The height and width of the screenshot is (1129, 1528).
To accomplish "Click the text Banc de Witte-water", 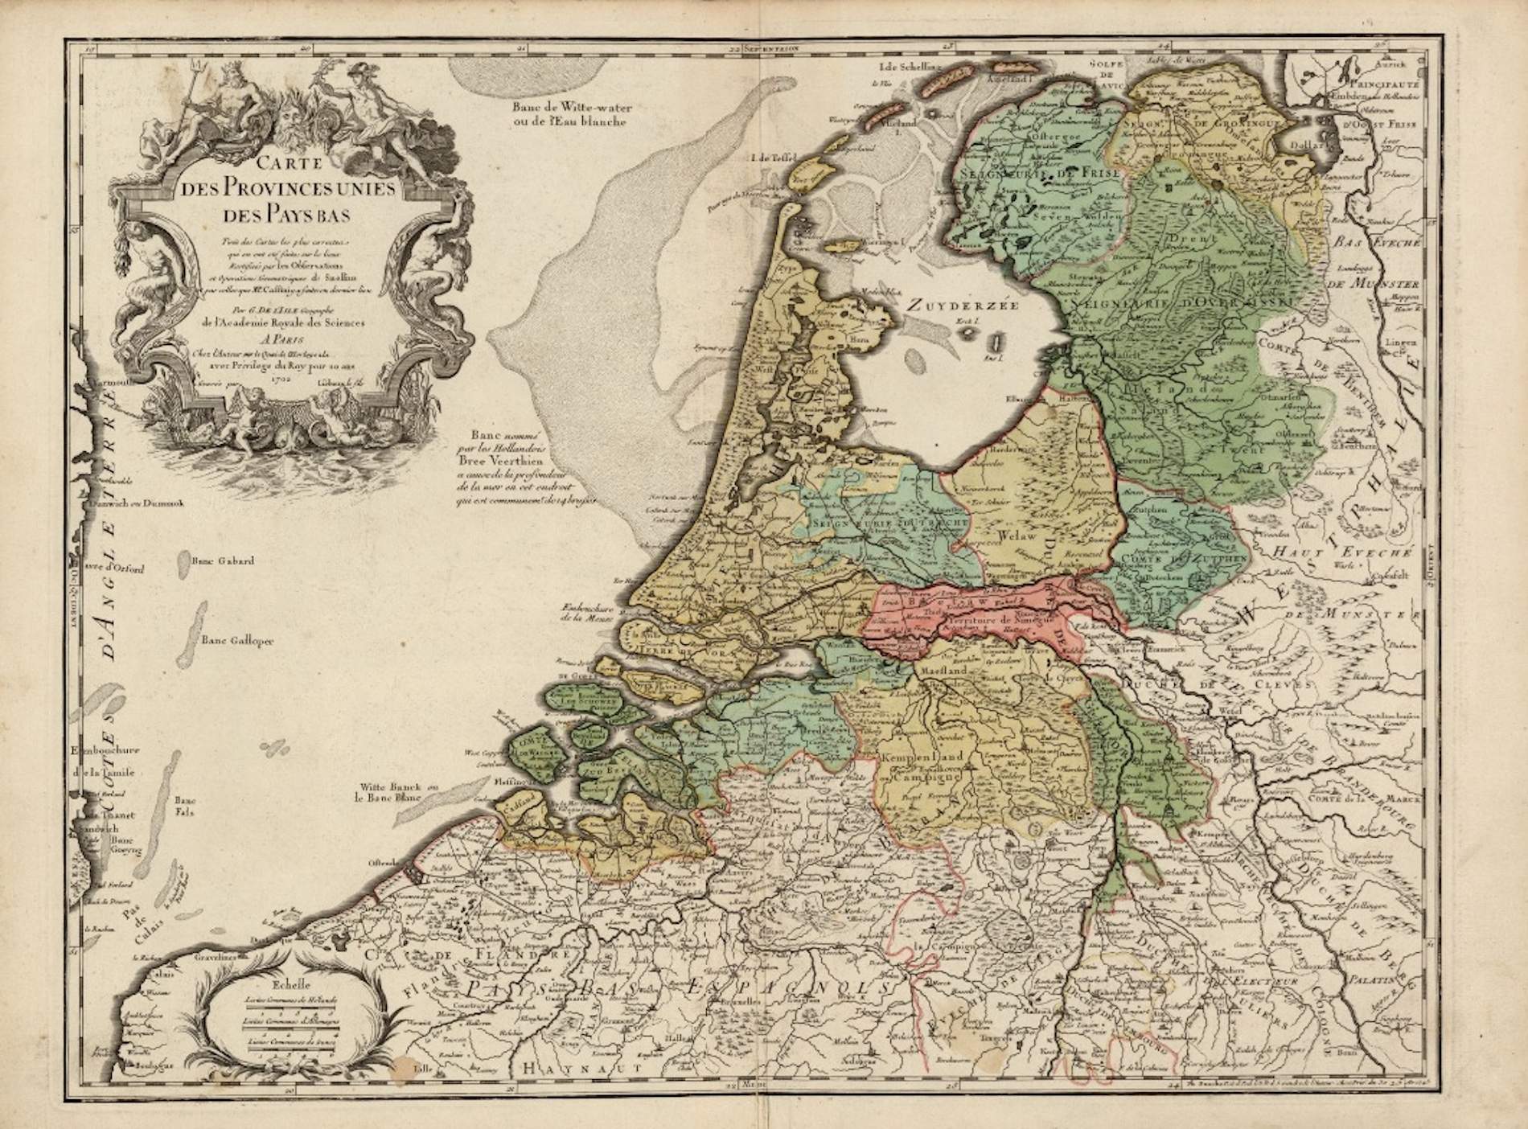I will pyautogui.click(x=571, y=106).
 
